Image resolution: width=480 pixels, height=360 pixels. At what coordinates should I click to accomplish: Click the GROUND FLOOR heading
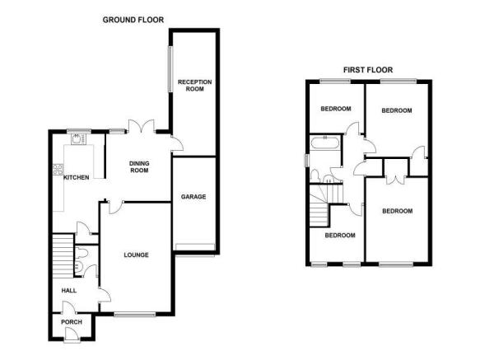133,20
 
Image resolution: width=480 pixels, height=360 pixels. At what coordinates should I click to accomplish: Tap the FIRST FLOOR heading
368,70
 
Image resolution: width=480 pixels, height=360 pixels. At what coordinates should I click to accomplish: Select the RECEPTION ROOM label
194,86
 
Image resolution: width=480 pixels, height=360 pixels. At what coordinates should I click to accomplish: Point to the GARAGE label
193,197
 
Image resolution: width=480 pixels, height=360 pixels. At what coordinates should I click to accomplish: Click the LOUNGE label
136,255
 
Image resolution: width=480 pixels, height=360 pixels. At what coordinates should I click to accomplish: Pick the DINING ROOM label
139,167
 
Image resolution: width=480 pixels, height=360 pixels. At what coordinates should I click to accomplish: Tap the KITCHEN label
77,177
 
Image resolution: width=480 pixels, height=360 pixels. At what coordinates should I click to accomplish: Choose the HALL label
69,291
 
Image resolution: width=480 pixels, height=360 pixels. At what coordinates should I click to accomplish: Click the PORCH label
72,322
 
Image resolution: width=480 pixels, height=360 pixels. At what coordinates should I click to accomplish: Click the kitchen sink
77,139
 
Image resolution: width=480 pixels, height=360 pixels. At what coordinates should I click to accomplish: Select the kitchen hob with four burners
58,170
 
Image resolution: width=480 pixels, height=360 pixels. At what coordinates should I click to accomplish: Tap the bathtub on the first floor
324,143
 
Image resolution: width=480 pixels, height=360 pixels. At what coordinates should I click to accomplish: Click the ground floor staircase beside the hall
63,256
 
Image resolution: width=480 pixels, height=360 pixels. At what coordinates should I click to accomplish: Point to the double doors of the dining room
141,126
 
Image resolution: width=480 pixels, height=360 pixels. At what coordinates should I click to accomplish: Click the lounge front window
135,314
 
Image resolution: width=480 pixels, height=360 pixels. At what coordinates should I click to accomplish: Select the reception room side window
170,69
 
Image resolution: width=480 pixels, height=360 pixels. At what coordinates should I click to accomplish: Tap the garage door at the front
194,247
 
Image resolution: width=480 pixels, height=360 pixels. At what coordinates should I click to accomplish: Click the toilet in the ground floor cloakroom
82,254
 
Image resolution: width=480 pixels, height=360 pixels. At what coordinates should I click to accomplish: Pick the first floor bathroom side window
306,161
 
